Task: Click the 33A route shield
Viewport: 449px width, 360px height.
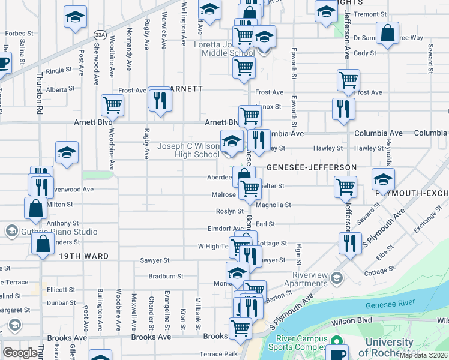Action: pyautogui.click(x=100, y=35)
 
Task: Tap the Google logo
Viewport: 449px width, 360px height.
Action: pyautogui.click(x=20, y=353)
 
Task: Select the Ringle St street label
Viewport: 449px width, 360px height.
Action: pyautogui.click(x=59, y=70)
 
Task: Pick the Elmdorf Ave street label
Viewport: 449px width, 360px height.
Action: pyautogui.click(x=225, y=228)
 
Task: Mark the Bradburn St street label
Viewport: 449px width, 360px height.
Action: pyautogui.click(x=166, y=277)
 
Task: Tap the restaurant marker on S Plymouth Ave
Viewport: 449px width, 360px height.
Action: pyautogui.click(x=348, y=242)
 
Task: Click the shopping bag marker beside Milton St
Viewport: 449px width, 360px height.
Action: pyautogui.click(x=36, y=208)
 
